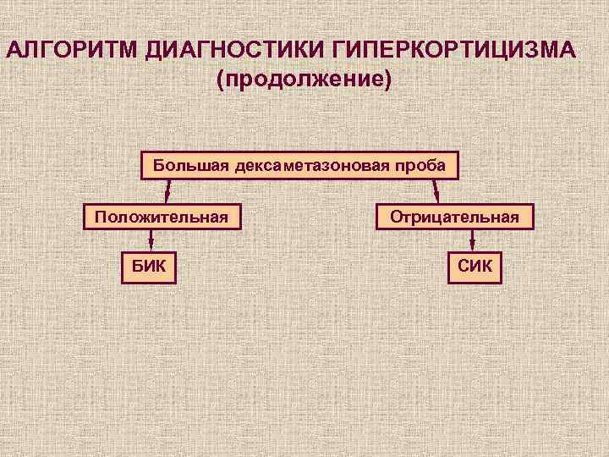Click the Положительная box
click(x=162, y=217)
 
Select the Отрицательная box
click(x=455, y=217)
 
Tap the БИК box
click(x=149, y=268)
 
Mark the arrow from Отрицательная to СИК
click(x=472, y=241)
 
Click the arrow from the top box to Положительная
click(x=167, y=191)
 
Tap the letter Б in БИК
click(x=135, y=268)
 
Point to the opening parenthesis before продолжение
click(x=221, y=81)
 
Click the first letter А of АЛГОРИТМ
click(x=15, y=48)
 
